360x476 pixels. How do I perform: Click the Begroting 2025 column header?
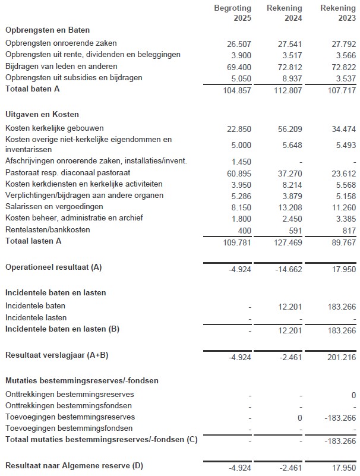pos(234,13)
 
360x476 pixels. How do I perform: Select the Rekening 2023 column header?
pos(338,13)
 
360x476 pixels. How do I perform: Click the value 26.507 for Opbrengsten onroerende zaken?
pos(239,43)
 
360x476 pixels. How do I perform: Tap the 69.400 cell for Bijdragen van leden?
pos(239,67)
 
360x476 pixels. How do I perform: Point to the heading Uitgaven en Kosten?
pos(42,114)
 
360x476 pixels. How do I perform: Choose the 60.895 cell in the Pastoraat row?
pos(239,173)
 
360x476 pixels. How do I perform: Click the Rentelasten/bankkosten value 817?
pos(349,230)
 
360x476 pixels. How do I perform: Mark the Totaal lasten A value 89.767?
pos(343,242)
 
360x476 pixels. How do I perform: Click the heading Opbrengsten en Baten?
pos(43,30)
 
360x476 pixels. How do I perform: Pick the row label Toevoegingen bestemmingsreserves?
pos(70,417)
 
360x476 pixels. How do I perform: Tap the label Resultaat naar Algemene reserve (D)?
pos(74,466)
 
